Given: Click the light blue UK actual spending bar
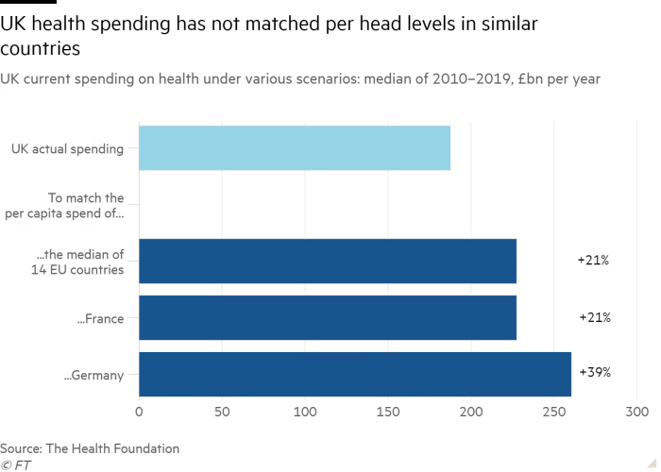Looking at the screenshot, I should [x=295, y=147].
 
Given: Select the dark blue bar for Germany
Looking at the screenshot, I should [x=355, y=374].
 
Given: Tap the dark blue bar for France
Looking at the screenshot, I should [x=329, y=317].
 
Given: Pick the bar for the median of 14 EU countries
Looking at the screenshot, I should [x=329, y=261].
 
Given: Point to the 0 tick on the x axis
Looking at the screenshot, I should [x=140, y=413].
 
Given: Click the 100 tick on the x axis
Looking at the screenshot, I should [x=306, y=413].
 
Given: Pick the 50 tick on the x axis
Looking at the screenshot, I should [x=223, y=413].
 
